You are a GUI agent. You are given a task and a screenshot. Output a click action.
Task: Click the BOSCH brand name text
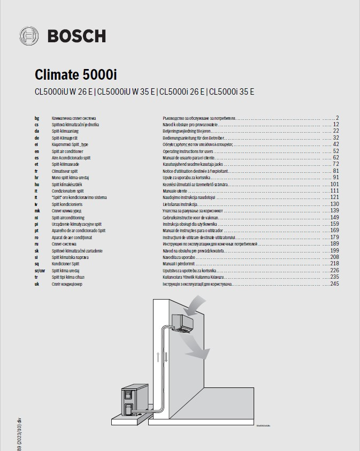click(77, 36)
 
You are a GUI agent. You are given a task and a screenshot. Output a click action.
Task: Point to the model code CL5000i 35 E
click(231, 91)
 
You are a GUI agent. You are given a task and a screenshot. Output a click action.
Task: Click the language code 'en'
click(36, 151)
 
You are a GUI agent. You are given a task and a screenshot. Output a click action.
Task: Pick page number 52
click(336, 151)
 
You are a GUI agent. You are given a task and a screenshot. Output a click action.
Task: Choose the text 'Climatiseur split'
click(66, 171)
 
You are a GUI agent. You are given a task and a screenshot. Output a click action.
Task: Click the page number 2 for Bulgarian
click(338, 117)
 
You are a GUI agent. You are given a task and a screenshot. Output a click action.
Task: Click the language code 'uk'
click(36, 284)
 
